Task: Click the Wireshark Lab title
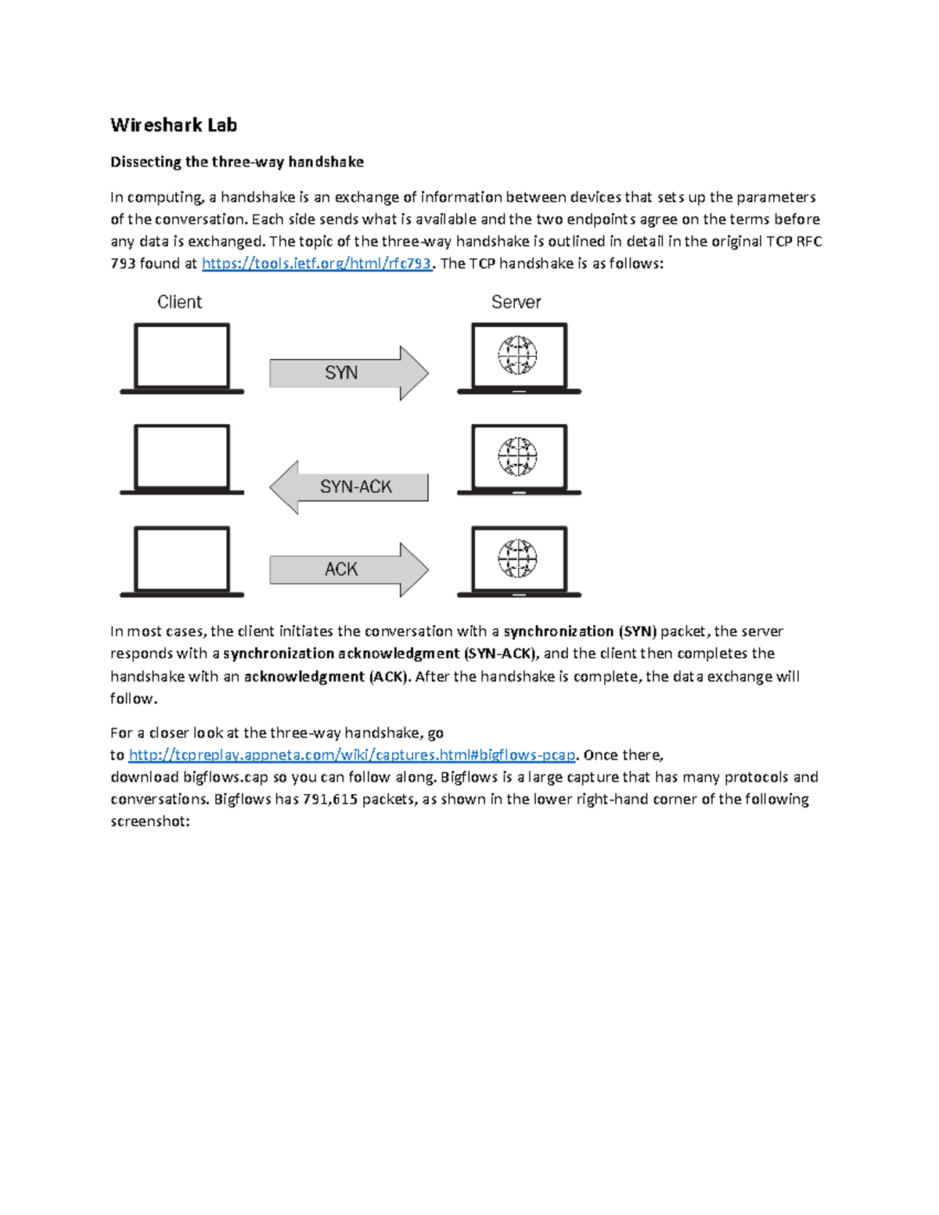pos(173,125)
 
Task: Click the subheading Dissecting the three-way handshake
pos(236,162)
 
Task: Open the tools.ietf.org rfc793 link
pos(316,264)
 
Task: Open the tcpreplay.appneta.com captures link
pos(351,755)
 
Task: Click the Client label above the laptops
pos(179,302)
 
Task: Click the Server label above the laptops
pos(516,302)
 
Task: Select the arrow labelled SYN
pos(348,373)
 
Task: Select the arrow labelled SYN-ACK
pos(349,487)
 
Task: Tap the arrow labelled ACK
pos(348,570)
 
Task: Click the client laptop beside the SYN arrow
pos(182,358)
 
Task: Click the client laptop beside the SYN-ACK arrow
pos(182,459)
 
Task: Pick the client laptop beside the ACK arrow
pos(182,561)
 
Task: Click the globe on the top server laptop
pos(517,355)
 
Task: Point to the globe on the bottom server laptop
pos(517,558)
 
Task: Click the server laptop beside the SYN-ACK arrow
pos(519,459)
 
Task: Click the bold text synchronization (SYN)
pos(580,631)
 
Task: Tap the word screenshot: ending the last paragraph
pos(149,821)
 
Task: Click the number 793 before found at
pos(123,264)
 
